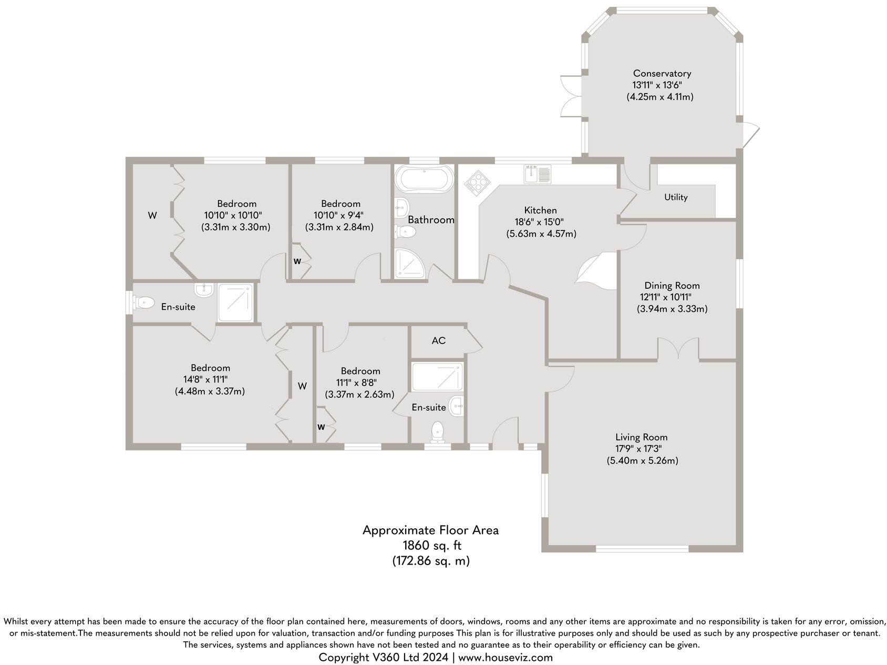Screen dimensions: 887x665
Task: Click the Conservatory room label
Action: pyautogui.click(x=662, y=74)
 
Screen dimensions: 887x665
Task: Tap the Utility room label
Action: pyautogui.click(x=676, y=197)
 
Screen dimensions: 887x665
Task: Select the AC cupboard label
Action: pyautogui.click(x=439, y=340)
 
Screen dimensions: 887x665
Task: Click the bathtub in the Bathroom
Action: pyautogui.click(x=425, y=179)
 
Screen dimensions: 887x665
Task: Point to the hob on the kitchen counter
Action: pyautogui.click(x=477, y=184)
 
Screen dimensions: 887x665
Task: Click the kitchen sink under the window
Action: pyautogui.click(x=537, y=174)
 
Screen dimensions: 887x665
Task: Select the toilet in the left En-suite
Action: pyautogui.click(x=143, y=303)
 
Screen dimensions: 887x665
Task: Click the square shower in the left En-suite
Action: pyautogui.click(x=237, y=303)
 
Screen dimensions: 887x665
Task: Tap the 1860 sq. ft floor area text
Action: pyautogui.click(x=430, y=546)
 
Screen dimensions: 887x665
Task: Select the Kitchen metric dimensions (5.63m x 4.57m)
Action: pyautogui.click(x=541, y=234)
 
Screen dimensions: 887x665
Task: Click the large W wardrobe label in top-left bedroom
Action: pyautogui.click(x=152, y=215)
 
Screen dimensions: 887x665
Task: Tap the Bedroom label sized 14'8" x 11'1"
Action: pyautogui.click(x=210, y=368)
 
